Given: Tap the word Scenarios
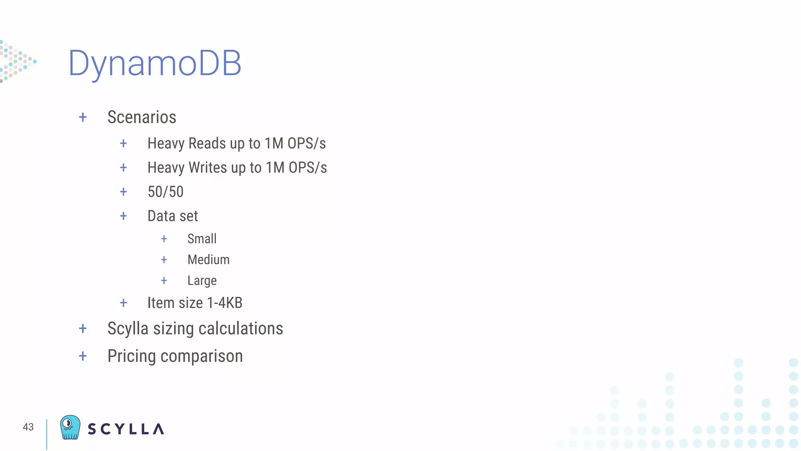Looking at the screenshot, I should point(142,117).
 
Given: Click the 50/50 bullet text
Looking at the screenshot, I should point(165,192).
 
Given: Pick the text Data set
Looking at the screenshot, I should point(172,216).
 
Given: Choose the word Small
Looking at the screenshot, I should point(202,238).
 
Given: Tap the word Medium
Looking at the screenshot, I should point(208,260).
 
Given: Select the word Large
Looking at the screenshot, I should point(202,281).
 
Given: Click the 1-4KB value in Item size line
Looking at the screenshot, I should point(224,303).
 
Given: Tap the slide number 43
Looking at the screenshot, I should point(28,427).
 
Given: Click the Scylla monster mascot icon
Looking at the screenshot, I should point(70,427).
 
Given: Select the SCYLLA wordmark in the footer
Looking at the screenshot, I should point(126,429).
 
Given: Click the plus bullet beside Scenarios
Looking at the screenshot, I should point(83,117).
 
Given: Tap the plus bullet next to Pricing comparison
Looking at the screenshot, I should point(83,356).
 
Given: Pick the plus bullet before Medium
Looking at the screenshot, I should point(164,260).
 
